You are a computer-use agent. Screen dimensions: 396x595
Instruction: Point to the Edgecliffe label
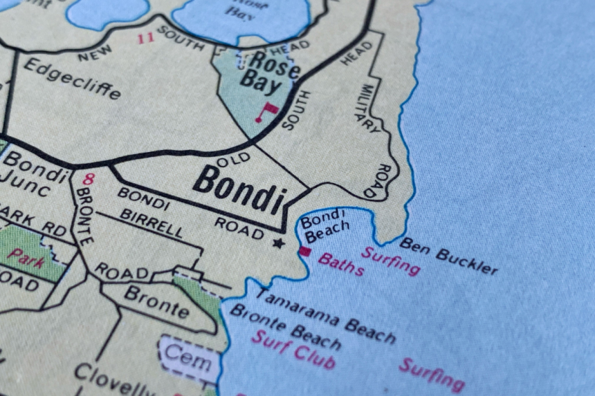(x=72, y=78)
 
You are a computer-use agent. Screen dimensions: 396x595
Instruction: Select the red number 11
(x=145, y=39)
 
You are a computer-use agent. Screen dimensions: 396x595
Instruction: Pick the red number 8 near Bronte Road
(x=88, y=180)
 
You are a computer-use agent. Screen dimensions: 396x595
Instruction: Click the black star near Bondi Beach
(x=279, y=243)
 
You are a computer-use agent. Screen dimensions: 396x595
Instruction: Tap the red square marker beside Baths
(x=304, y=252)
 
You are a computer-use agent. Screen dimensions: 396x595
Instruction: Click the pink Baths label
(x=341, y=264)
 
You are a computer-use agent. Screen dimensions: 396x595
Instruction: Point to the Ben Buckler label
(x=448, y=256)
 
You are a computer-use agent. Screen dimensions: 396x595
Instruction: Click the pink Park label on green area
(x=26, y=258)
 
